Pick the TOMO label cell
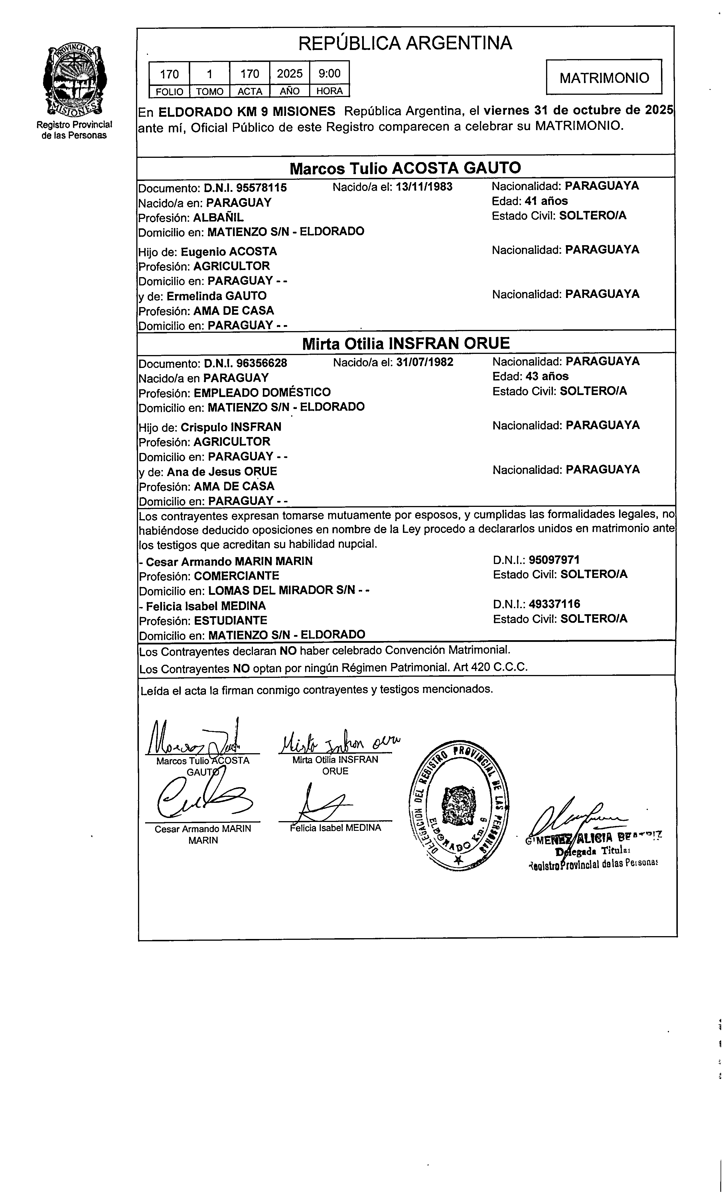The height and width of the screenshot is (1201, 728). point(209,91)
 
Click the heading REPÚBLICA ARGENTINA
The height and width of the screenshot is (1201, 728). point(405,43)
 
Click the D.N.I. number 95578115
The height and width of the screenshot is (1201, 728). point(246,188)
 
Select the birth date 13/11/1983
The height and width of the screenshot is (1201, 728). point(424,187)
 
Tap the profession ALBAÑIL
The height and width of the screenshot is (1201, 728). point(219,217)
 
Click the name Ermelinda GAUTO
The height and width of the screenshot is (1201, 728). point(217,296)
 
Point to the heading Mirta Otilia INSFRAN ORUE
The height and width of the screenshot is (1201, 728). point(406,344)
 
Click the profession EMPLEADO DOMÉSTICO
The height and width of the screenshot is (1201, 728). point(262,392)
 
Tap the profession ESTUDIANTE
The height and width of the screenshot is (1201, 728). point(230,620)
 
